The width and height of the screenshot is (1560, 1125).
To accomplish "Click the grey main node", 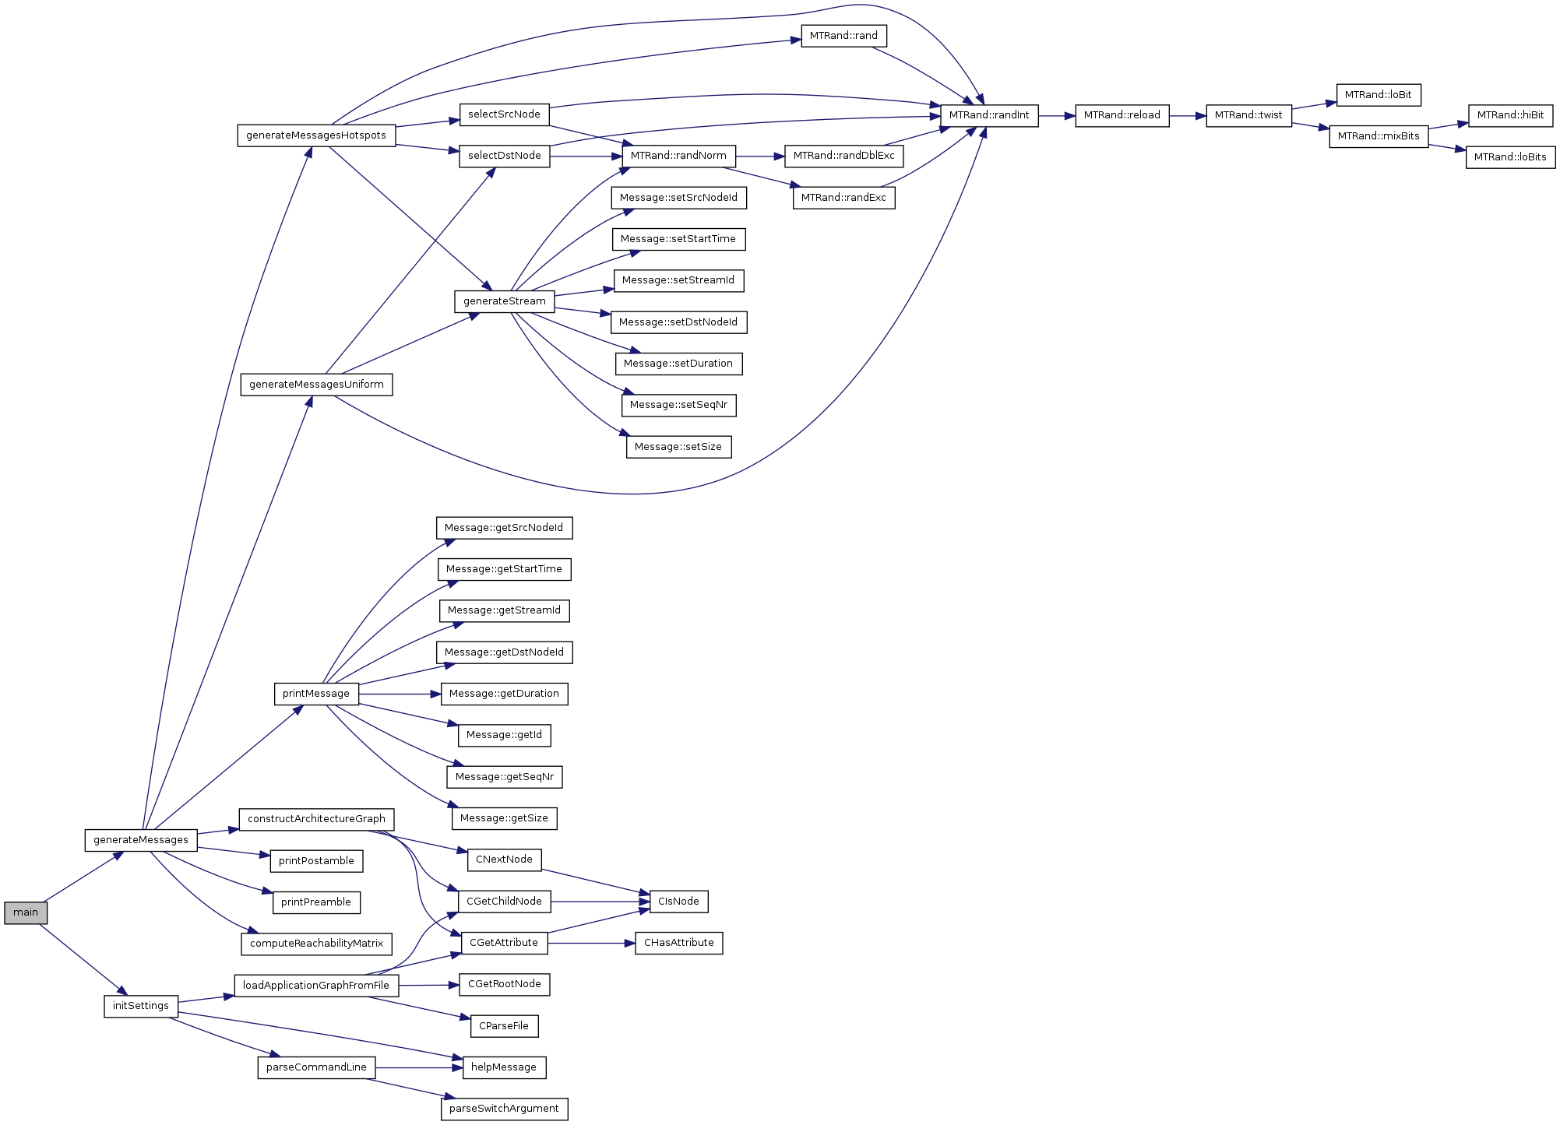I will (26, 912).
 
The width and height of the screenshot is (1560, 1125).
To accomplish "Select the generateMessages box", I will (141, 840).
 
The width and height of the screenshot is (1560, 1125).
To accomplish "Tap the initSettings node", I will (141, 1006).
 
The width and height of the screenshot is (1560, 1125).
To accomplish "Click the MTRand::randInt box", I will (989, 115).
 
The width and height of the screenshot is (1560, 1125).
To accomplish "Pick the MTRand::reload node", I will (1122, 115).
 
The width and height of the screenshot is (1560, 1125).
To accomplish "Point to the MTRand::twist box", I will (1248, 115).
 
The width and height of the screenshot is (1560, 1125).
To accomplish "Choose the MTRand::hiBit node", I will (1510, 115).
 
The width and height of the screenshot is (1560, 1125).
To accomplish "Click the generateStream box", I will (505, 301).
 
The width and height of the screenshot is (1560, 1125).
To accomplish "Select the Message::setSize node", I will (678, 447).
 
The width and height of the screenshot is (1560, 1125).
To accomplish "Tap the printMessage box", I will (316, 694).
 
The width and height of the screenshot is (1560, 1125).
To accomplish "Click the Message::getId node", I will (504, 735).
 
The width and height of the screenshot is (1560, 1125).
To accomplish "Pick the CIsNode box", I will (678, 902).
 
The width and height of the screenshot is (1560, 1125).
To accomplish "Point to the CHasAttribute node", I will (679, 943).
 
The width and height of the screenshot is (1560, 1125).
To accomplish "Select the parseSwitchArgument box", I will (504, 1109).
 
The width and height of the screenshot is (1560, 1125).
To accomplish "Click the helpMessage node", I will (504, 1067).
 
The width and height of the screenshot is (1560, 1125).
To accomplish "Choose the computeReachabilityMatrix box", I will (316, 944).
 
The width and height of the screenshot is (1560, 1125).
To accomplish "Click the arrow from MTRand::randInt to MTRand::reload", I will (1057, 115).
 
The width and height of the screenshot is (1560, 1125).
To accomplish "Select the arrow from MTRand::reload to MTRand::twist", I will (1188, 115).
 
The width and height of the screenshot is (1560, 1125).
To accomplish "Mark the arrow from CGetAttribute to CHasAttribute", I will (592, 943).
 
